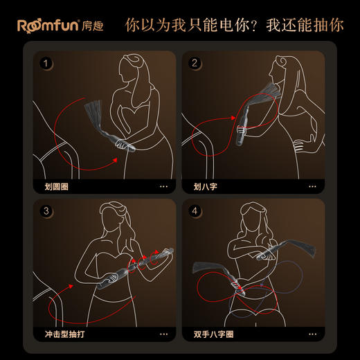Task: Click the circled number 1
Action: coord(46,64)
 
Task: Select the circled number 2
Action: coord(195,64)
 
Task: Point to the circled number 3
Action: coord(46,211)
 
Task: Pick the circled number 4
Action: coord(195,211)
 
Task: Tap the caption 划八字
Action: coord(203,186)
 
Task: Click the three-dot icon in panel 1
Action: coord(164,186)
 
